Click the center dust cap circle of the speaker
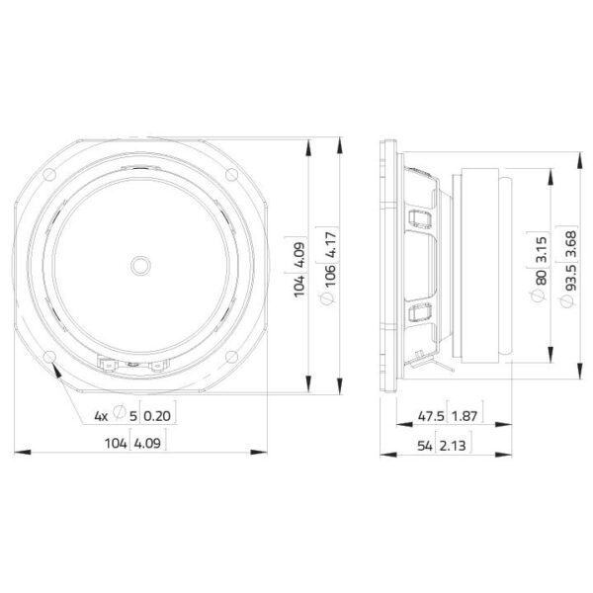click(x=140, y=266)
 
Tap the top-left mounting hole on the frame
click(x=49, y=175)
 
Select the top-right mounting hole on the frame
click(x=232, y=175)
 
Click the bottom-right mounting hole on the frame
click(x=232, y=357)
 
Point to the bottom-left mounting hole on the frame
click(x=49, y=357)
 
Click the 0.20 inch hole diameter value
click(x=157, y=416)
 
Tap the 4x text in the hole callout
click(x=101, y=416)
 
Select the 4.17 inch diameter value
click(x=330, y=245)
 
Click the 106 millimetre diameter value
click(x=330, y=276)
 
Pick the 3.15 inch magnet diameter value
click(x=542, y=250)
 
